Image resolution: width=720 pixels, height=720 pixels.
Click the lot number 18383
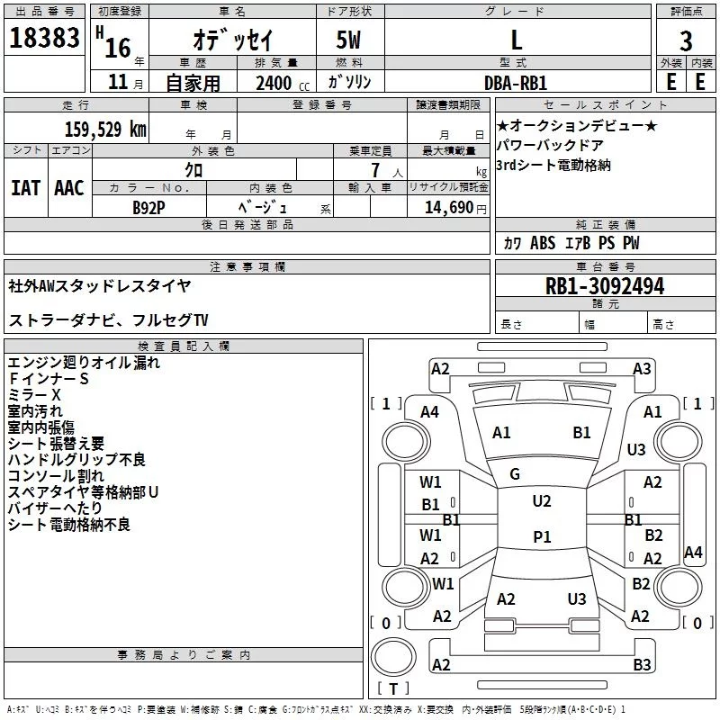point(44,38)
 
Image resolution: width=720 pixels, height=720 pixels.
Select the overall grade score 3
point(686,41)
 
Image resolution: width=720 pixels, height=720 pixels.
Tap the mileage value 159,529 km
point(105,129)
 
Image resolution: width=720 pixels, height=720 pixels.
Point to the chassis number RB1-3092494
point(605,286)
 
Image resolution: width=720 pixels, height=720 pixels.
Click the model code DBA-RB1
point(516,83)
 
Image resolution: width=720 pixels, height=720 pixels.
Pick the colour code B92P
point(148,208)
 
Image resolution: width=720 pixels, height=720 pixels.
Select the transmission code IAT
point(26,188)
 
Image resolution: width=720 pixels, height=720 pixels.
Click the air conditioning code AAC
point(69,188)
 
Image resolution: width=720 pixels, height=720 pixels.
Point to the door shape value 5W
point(348,40)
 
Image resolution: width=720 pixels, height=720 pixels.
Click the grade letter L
point(517,40)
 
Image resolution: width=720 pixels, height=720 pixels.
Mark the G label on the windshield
point(515,474)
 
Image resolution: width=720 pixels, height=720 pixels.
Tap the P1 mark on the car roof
point(542,536)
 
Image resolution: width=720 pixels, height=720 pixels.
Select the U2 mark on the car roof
point(542,501)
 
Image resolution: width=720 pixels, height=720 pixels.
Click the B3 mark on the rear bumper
point(642,664)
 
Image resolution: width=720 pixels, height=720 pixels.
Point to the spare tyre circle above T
point(393,657)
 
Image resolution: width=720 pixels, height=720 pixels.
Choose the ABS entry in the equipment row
point(543,243)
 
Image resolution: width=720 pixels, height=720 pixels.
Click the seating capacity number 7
point(376,170)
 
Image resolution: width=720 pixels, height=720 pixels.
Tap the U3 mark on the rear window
point(577,598)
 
